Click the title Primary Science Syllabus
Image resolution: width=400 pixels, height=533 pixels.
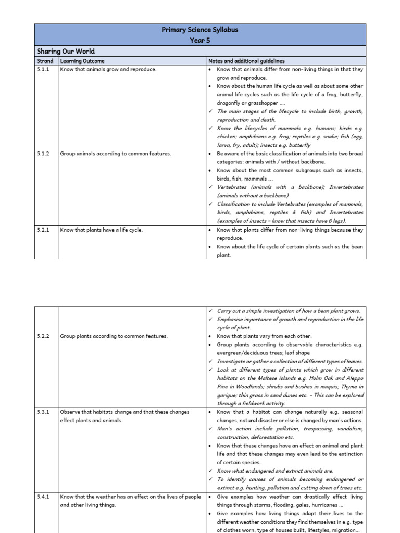[x=200, y=30]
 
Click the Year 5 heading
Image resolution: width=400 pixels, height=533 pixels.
[x=200, y=40]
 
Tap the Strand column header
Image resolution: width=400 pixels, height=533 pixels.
[x=45, y=61]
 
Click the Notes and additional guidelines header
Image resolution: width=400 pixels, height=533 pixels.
[x=246, y=61]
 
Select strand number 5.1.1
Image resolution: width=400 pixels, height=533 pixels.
[x=43, y=69]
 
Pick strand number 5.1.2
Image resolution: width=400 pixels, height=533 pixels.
[x=43, y=154]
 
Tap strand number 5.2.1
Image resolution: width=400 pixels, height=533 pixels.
[x=43, y=230]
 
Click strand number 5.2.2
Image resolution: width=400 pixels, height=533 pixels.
[x=43, y=336]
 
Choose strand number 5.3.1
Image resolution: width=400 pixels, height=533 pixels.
[x=43, y=412]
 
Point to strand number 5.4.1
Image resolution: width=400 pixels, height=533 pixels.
[x=43, y=497]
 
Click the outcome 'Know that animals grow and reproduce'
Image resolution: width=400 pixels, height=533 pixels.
[x=108, y=69]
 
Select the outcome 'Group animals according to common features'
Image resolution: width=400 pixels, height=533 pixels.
[x=116, y=154]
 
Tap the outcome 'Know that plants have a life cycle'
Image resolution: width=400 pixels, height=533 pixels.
[x=101, y=230]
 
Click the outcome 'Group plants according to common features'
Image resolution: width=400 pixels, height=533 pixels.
[x=114, y=336]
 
